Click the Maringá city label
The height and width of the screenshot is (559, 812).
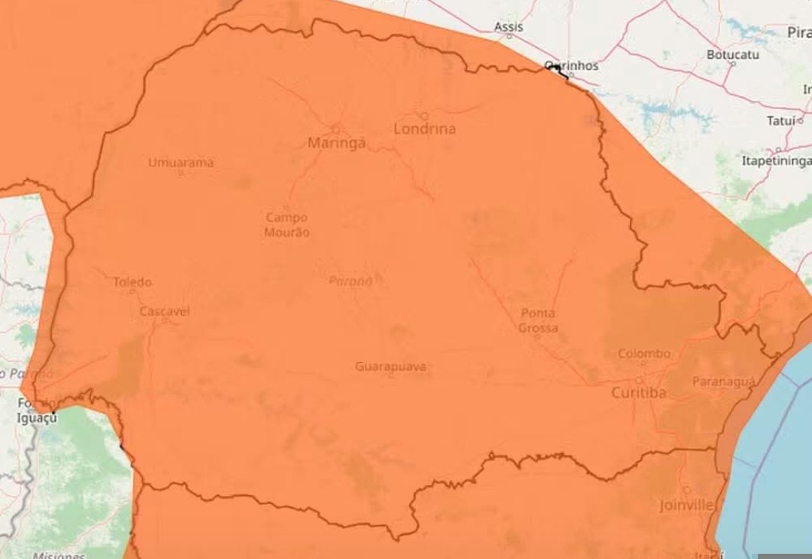[x=337, y=142]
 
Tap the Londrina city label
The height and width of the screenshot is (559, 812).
[x=425, y=129]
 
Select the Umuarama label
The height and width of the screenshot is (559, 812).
[x=180, y=162]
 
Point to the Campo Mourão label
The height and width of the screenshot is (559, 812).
[x=287, y=224]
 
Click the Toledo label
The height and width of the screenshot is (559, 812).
[x=132, y=282]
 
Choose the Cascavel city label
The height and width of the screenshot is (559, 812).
[x=165, y=311]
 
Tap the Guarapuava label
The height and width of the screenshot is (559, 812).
[x=391, y=366]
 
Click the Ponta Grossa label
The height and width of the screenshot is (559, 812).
[x=538, y=321]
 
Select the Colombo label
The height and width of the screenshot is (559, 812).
[x=644, y=354]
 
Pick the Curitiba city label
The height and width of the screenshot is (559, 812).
[x=639, y=392]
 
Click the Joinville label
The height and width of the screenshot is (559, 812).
[x=686, y=504]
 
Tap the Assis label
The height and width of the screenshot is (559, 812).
[x=508, y=27]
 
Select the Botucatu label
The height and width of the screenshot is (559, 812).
[x=732, y=54]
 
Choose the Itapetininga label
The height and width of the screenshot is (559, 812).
[x=777, y=161]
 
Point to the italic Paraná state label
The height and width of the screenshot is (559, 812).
[x=350, y=281]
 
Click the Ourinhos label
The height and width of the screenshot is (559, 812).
[x=572, y=65]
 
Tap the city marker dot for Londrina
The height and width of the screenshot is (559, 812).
[x=424, y=116]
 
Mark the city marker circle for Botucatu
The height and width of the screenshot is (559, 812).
[x=733, y=65]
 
